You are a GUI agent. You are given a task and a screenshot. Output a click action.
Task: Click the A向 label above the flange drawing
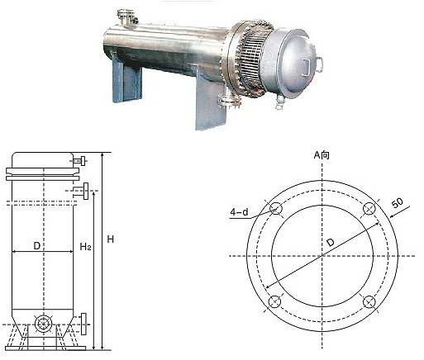tap(322, 154)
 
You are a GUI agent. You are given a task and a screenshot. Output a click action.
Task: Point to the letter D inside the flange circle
tap(330, 242)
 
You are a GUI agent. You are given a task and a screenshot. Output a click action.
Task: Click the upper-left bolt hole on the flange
tap(276, 210)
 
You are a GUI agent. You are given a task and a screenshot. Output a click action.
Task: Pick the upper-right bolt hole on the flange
tap(369, 210)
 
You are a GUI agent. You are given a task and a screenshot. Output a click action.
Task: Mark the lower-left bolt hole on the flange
tap(275, 302)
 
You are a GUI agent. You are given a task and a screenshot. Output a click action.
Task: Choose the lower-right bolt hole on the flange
tap(369, 302)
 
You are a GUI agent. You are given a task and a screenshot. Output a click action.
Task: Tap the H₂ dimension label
tap(85, 246)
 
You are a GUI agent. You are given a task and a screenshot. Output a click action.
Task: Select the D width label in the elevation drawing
tap(36, 245)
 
